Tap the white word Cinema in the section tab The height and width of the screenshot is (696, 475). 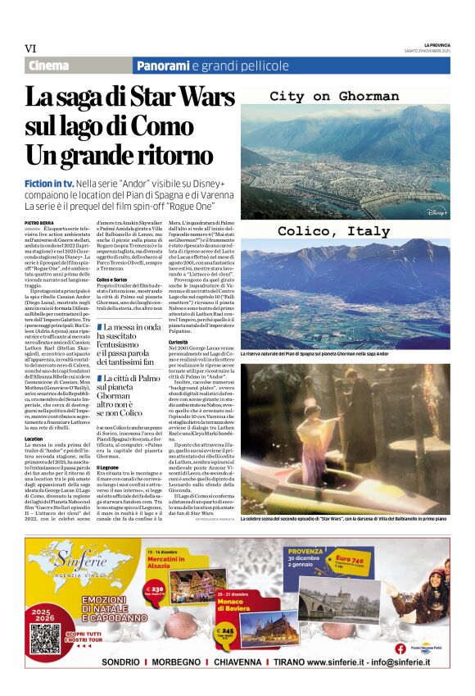point(48,66)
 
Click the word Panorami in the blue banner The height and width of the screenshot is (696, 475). point(163,66)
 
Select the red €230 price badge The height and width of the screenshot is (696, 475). point(154,590)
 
